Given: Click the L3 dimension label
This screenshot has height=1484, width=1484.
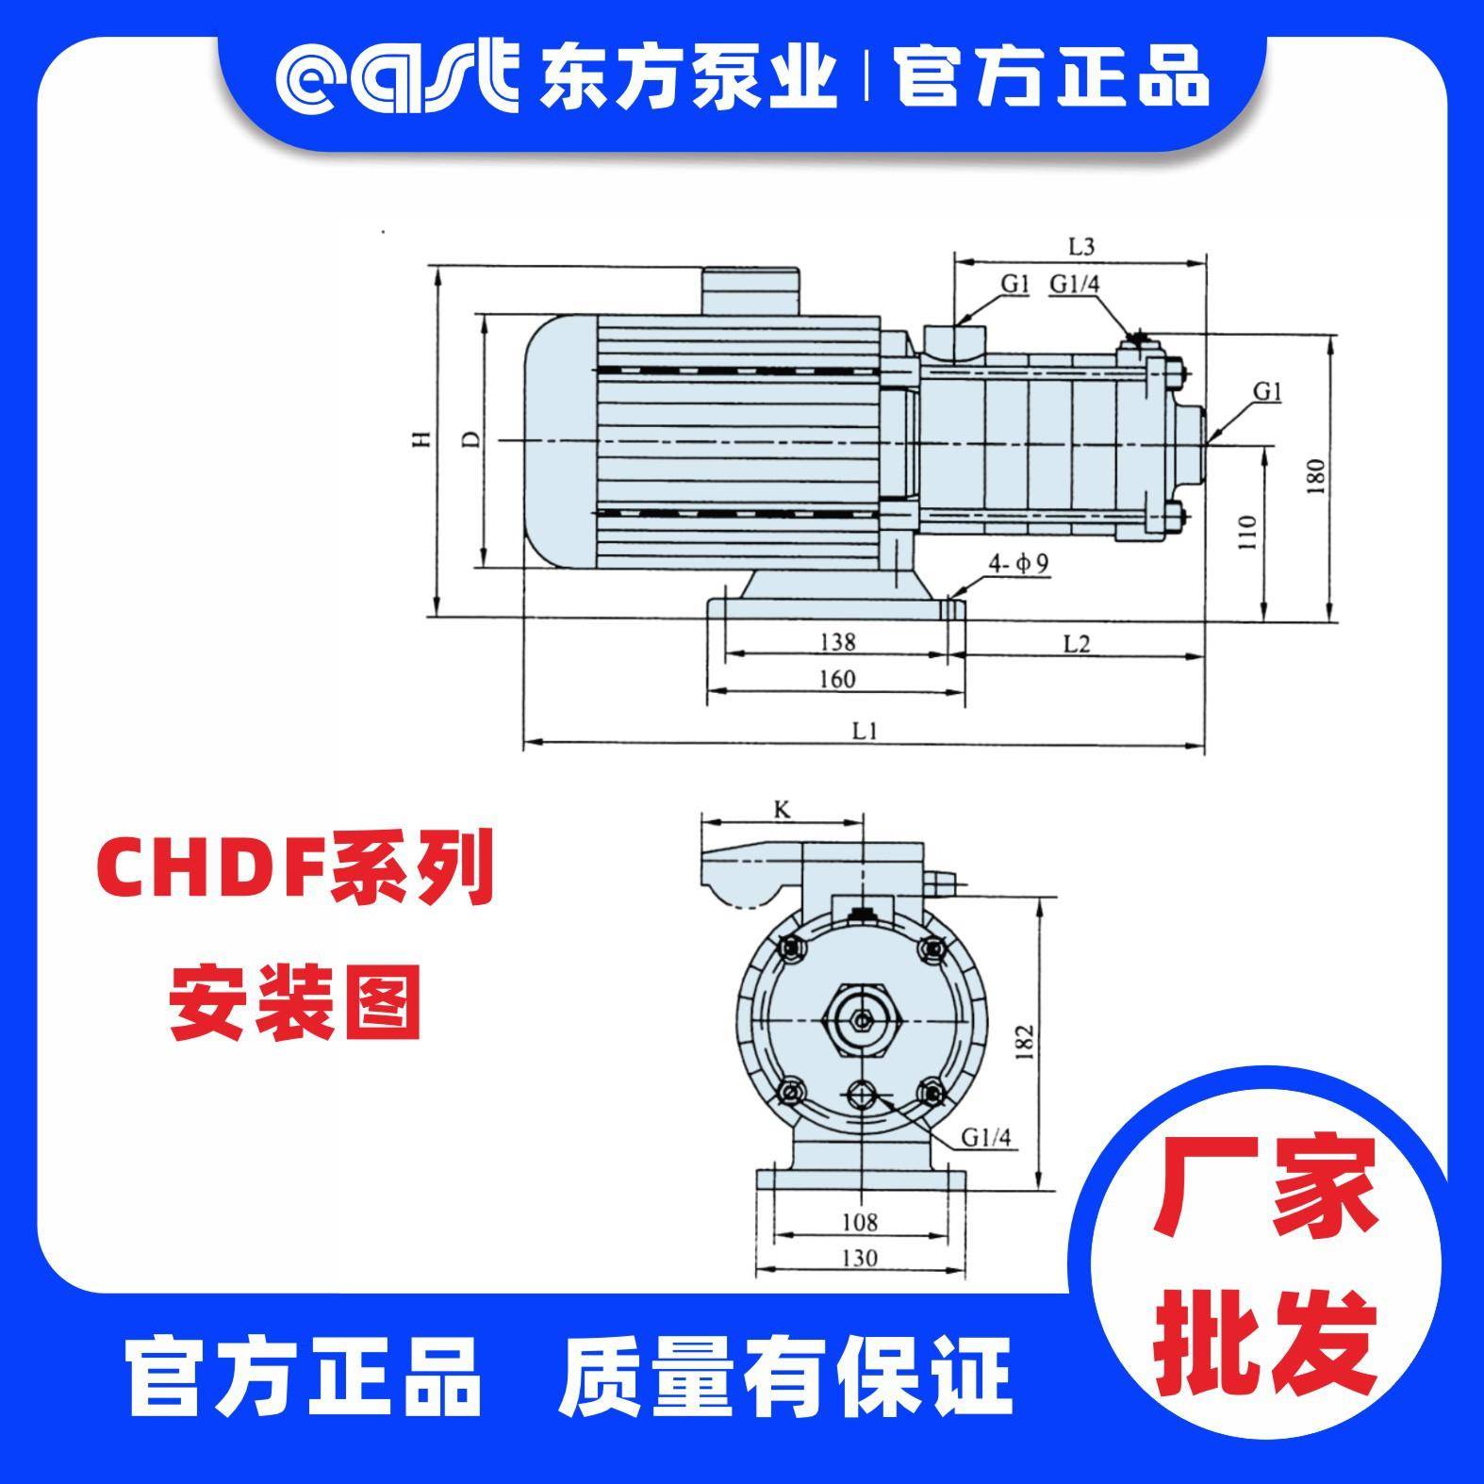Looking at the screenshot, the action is (1080, 247).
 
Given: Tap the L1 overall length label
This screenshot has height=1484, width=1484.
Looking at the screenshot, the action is (866, 730).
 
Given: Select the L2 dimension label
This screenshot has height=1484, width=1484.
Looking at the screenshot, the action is (1077, 643).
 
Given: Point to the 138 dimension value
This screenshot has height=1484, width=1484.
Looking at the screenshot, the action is (837, 642).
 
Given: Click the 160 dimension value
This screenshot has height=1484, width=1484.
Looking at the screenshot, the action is (837, 678).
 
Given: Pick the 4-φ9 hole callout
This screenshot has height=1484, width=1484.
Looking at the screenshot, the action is (1019, 564).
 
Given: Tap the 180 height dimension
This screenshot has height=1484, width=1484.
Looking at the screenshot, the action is (1317, 477).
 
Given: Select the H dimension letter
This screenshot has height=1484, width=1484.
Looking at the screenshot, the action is (425, 439).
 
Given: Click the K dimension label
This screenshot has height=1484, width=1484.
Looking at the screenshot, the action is (781, 809).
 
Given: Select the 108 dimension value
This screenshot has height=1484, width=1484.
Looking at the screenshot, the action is (859, 1223).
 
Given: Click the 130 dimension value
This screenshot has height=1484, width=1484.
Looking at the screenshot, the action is (859, 1258).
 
